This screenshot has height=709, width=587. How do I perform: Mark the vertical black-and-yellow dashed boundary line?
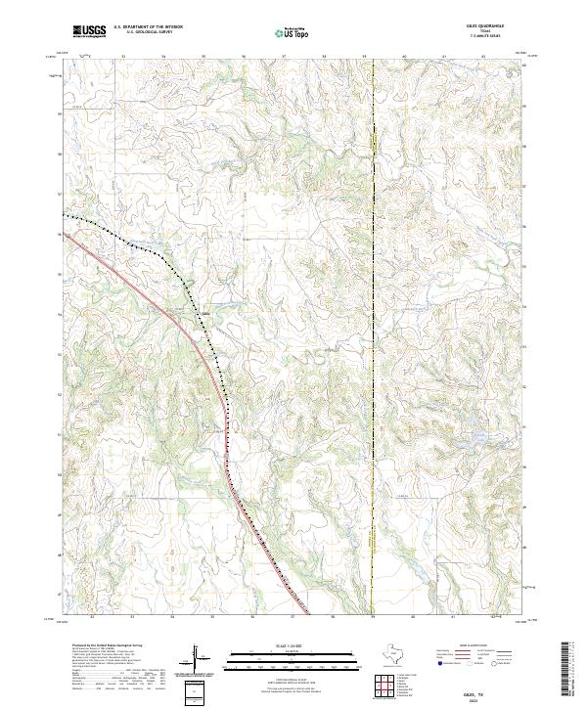click(373, 391)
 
